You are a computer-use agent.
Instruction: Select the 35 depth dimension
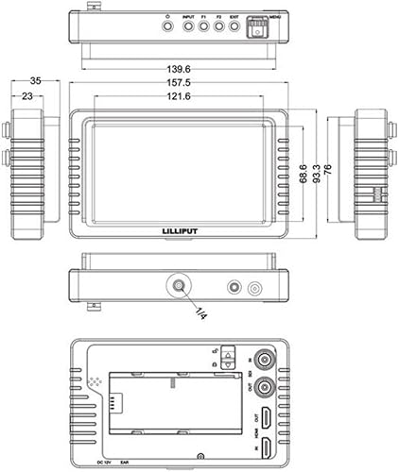(35, 81)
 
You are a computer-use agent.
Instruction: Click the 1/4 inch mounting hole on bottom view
(178, 284)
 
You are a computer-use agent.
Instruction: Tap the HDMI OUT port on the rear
(269, 419)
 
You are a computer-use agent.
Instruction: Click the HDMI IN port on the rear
(269, 447)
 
